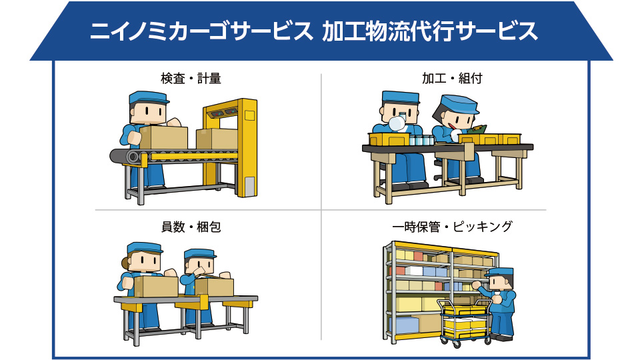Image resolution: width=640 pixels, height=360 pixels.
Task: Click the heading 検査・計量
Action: [191, 78]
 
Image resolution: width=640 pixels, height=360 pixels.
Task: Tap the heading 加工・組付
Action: [452, 78]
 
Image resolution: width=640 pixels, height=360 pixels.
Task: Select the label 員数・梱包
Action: [191, 227]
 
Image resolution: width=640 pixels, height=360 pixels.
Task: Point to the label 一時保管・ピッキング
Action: [452, 227]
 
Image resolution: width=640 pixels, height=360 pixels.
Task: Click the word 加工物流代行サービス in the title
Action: [429, 31]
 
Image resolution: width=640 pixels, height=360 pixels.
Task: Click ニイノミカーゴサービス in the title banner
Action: [201, 31]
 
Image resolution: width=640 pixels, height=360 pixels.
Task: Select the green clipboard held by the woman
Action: [477, 130]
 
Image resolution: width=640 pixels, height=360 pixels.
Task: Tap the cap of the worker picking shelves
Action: [499, 272]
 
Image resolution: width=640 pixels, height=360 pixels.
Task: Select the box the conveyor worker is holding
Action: [163, 137]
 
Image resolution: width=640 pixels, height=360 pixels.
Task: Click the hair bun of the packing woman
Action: [125, 263]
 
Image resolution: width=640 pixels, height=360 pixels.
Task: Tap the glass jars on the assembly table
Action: [421, 140]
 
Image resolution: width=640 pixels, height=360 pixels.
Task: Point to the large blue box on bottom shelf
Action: [404, 325]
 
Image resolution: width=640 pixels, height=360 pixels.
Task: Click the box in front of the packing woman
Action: [156, 286]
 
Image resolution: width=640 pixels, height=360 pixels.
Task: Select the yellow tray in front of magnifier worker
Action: [389, 139]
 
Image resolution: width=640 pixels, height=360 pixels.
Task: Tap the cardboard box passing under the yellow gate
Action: [217, 139]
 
